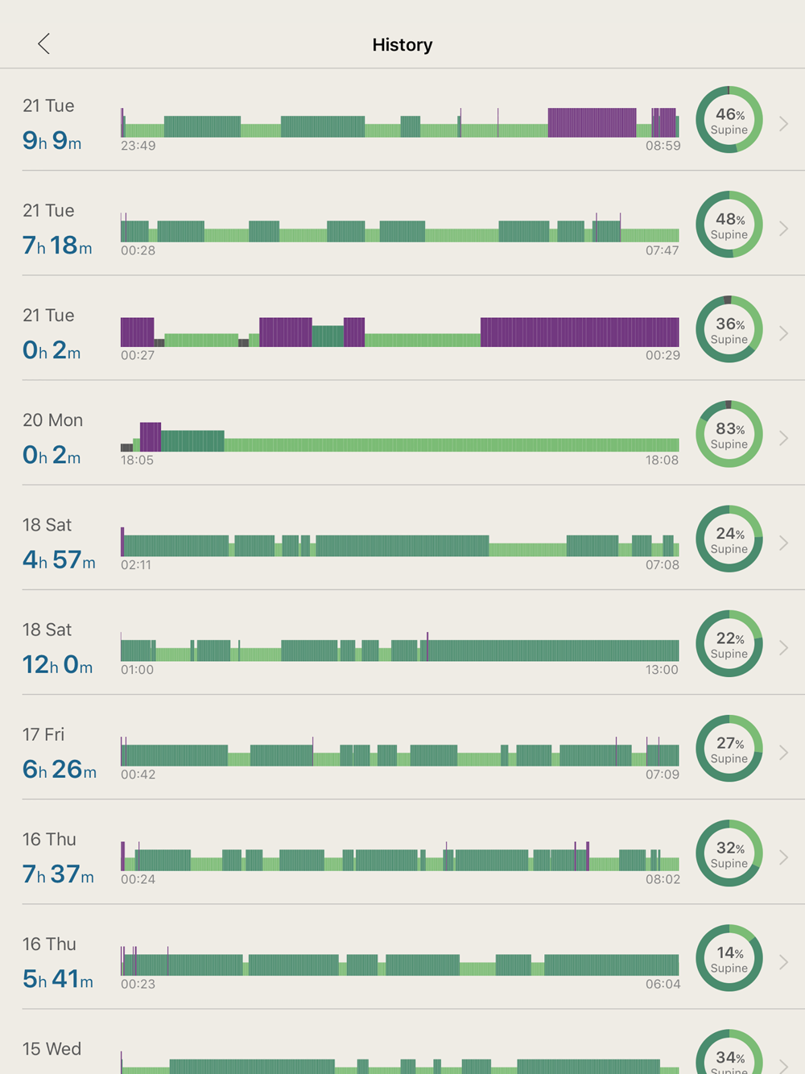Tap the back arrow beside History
[x=44, y=43]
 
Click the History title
[x=402, y=45]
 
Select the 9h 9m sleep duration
[x=52, y=141]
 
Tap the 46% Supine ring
[x=729, y=120]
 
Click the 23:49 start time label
[x=138, y=146]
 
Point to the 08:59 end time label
[x=663, y=146]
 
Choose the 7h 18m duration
[x=57, y=246]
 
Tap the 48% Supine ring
[x=729, y=225]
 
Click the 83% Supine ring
[x=729, y=434]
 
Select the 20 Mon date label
[x=52, y=420]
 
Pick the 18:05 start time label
[x=137, y=460]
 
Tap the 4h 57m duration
[x=59, y=560]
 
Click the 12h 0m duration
[x=57, y=665]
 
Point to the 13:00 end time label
[x=662, y=670]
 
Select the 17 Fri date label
[x=43, y=734]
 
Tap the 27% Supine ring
[x=729, y=749]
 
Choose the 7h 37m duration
[x=58, y=874]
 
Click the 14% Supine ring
[x=729, y=958]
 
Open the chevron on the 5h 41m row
[x=783, y=962]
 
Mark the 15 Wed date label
[x=52, y=1049]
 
